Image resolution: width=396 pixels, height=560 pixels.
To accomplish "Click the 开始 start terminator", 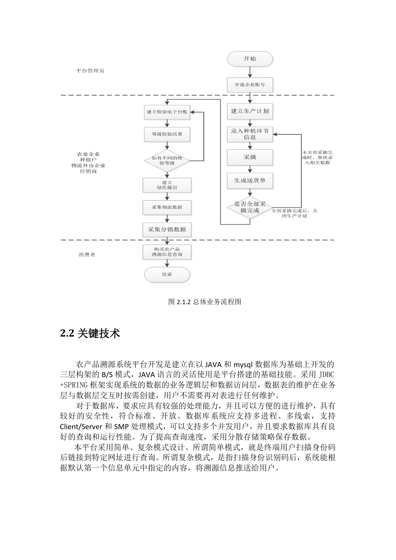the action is coord(250,59).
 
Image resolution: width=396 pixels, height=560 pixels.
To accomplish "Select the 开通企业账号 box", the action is coord(250,85).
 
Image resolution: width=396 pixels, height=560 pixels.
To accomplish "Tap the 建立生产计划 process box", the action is coord(250,111).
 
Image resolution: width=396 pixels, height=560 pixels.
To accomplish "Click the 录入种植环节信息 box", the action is coord(250,134).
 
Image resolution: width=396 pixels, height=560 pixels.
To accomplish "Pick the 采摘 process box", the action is coord(250,157).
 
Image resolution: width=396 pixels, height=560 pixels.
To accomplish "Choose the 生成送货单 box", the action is coord(250,181).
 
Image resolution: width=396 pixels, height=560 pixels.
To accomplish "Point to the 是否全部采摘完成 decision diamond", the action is coord(250,207).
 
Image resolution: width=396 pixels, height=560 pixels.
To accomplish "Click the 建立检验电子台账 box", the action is coord(167,112).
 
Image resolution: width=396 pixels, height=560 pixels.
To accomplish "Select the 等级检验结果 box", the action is coord(167,134).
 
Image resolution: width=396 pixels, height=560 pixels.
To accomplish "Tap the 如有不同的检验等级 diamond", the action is coord(167,161).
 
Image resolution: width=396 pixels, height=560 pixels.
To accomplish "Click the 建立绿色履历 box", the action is coord(167,185).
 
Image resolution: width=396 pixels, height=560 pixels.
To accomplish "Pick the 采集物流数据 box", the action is coord(167,207).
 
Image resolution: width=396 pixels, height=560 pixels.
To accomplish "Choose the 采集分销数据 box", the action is coord(167,229).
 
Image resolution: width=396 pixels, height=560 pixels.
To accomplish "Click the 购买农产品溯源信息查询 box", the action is coord(167,252).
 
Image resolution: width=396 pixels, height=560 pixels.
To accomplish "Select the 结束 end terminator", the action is coord(167,275).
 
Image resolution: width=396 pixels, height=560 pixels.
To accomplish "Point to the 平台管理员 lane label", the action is coord(90,71).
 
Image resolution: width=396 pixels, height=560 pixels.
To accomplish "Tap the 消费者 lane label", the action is coord(87,255).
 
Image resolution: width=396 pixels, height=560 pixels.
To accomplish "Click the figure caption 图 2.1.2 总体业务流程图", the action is coord(205,302).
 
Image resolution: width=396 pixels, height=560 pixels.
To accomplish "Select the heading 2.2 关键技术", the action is coord(90,333).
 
